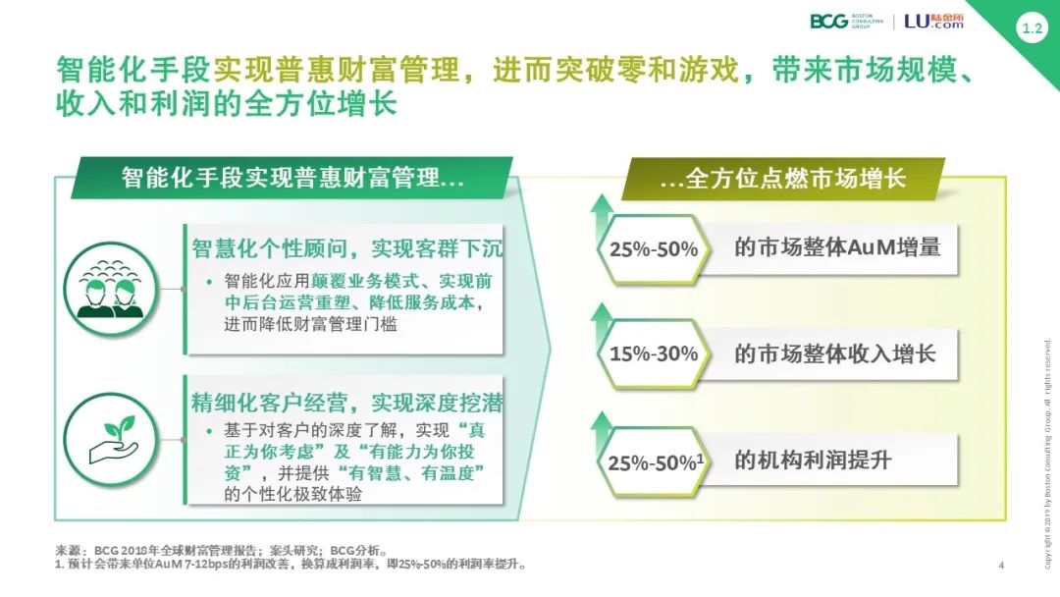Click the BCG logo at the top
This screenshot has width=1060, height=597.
point(846,21)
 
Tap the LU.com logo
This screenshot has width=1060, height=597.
point(934,21)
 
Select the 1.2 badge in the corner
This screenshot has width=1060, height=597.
point(1032,28)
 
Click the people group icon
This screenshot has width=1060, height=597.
point(111,290)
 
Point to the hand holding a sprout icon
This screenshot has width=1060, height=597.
point(111,440)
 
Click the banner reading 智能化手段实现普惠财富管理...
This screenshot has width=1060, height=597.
point(292,179)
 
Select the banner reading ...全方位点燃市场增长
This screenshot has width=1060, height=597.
point(782,179)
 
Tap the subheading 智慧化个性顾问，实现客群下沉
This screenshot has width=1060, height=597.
point(346,248)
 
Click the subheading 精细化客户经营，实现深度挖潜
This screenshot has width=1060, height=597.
point(346,403)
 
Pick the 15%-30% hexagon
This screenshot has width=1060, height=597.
point(654,353)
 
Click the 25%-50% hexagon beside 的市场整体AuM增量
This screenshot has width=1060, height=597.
point(654,248)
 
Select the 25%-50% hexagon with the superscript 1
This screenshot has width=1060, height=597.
point(654,462)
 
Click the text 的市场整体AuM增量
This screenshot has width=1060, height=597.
point(837,247)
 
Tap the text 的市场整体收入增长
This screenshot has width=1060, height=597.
point(835,353)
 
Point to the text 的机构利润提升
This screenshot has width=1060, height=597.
point(813,461)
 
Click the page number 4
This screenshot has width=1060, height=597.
point(1001,566)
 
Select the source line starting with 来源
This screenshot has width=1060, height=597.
point(222,550)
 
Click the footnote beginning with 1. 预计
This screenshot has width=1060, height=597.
point(291,564)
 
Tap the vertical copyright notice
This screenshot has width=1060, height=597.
point(1047,453)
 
